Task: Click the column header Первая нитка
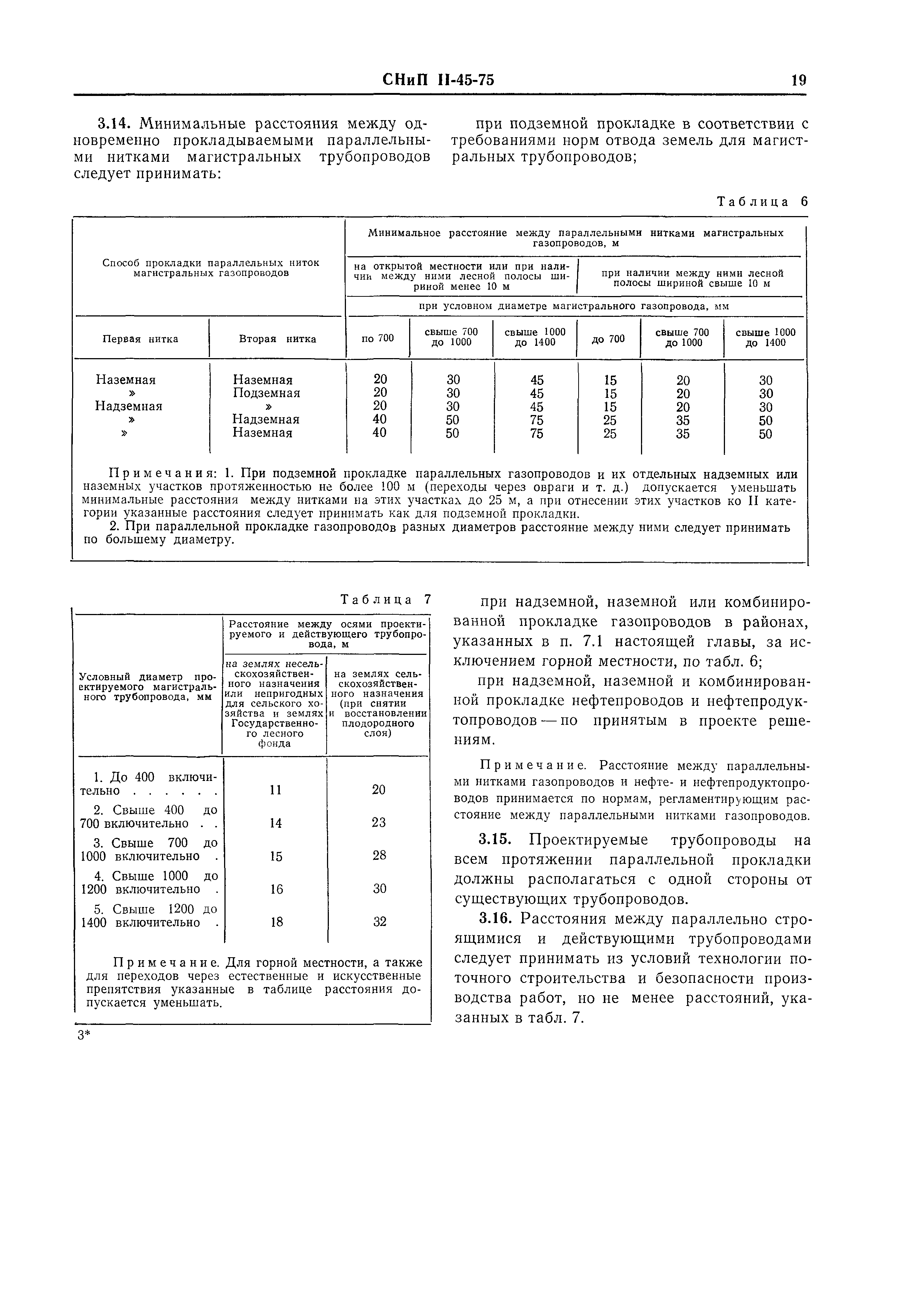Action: coord(140,339)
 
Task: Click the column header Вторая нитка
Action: coord(277,339)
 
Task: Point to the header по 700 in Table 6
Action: coord(378,338)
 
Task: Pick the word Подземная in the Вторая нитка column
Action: coord(266,393)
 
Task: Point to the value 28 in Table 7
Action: coord(379,855)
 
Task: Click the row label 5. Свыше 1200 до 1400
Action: coord(149,916)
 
